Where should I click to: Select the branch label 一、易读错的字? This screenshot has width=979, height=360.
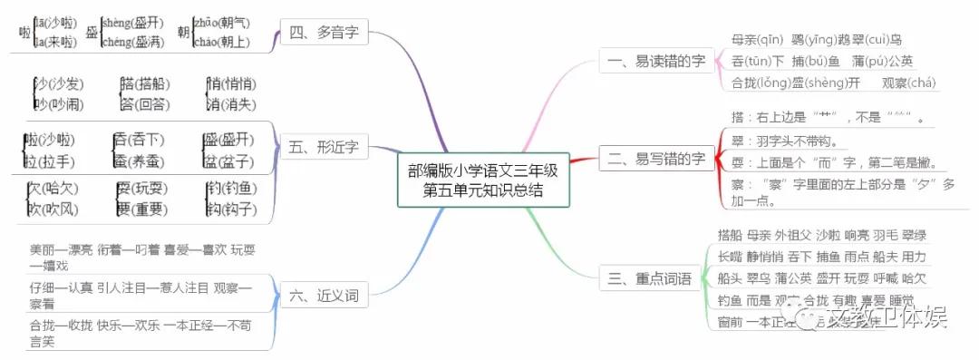[x=652, y=61]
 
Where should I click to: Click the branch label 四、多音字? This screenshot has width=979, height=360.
[x=324, y=34]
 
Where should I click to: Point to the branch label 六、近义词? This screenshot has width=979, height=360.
[x=324, y=295]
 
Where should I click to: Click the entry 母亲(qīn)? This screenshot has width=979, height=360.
[x=758, y=40]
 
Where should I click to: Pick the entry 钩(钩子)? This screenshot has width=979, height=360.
[x=228, y=209]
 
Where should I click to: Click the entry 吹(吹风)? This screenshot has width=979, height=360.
[x=53, y=209]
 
